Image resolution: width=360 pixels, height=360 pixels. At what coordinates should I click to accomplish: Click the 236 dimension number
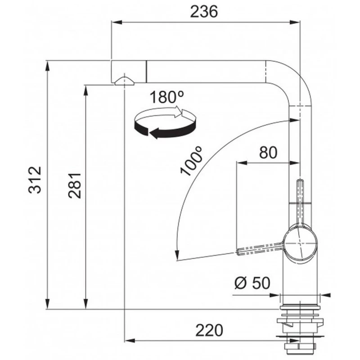[x=204, y=12]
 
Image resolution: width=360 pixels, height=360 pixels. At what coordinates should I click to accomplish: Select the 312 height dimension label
[x=35, y=180]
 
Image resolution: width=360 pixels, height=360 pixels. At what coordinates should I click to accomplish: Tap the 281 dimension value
[x=75, y=185]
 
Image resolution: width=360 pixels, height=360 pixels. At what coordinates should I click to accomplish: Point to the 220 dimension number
[x=209, y=330]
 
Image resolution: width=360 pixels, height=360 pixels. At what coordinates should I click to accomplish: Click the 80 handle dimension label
[x=268, y=153]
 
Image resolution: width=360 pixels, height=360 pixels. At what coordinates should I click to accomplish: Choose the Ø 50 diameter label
[x=252, y=283]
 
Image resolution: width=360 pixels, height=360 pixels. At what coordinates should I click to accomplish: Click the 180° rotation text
[x=166, y=97]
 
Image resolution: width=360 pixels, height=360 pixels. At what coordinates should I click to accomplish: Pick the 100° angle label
[x=191, y=162]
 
